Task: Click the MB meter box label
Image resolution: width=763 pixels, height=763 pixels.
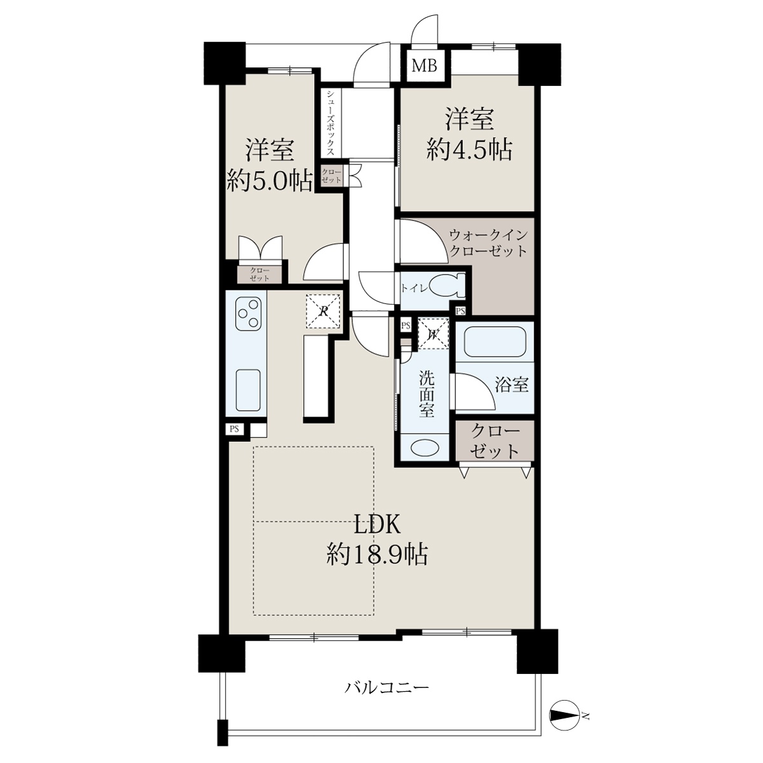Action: coord(425,65)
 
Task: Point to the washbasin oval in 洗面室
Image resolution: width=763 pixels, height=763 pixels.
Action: coord(425,448)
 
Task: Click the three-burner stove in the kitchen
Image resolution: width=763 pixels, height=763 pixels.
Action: coord(248,313)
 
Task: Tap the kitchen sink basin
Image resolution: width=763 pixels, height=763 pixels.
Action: coord(248,390)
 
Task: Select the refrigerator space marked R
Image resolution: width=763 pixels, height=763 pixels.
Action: coord(324,311)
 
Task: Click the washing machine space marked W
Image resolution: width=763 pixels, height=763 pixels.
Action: coord(433,333)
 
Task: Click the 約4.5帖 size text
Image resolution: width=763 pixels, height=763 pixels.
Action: coord(469,151)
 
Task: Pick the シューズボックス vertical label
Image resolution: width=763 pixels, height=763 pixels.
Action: coord(331,123)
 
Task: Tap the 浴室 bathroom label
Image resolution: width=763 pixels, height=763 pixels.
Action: coord(512,383)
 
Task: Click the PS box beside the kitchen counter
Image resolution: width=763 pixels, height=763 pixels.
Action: coord(235,429)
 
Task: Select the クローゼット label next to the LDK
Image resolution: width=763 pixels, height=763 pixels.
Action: coord(495,442)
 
